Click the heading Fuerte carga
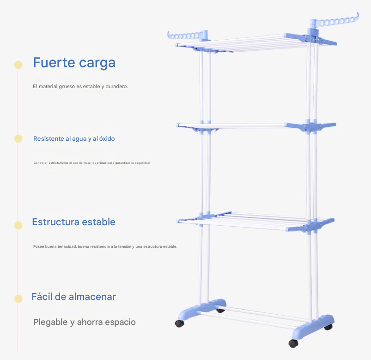(x=74, y=62)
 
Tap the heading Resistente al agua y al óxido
(x=74, y=138)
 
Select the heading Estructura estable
(x=73, y=222)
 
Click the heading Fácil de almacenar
(x=73, y=297)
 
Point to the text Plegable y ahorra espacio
(x=85, y=322)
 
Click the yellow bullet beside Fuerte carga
(x=18, y=65)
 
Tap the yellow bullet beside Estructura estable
(x=18, y=225)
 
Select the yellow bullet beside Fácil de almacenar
(x=18, y=299)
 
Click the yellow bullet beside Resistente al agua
(x=18, y=138)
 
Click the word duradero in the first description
(x=117, y=86)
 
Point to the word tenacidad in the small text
(x=66, y=246)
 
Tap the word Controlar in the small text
(x=41, y=163)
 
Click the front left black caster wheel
(x=180, y=323)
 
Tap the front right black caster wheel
(x=293, y=343)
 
